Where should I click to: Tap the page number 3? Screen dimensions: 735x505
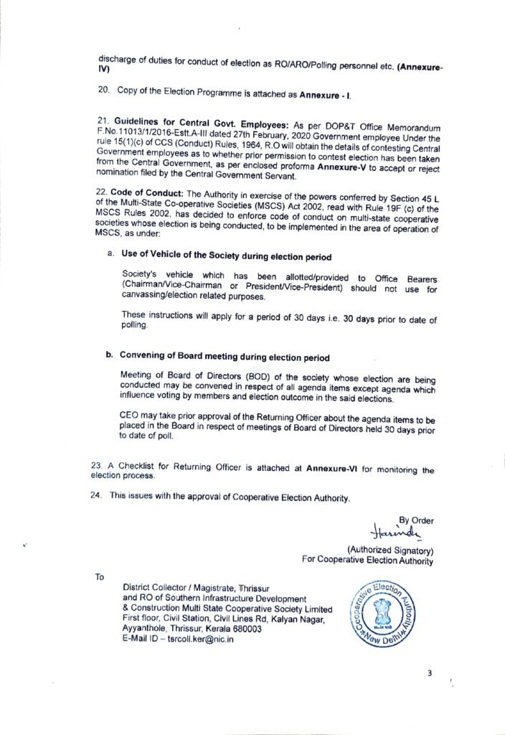pyautogui.click(x=429, y=673)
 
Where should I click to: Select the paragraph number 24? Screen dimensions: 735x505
pyautogui.click(x=97, y=495)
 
